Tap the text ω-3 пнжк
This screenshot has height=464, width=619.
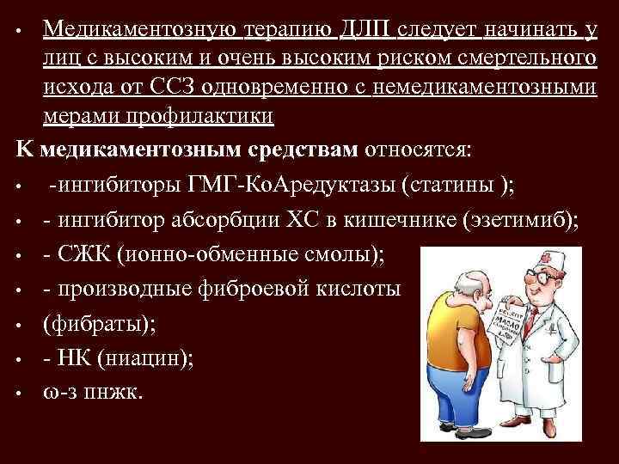(x=95, y=392)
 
